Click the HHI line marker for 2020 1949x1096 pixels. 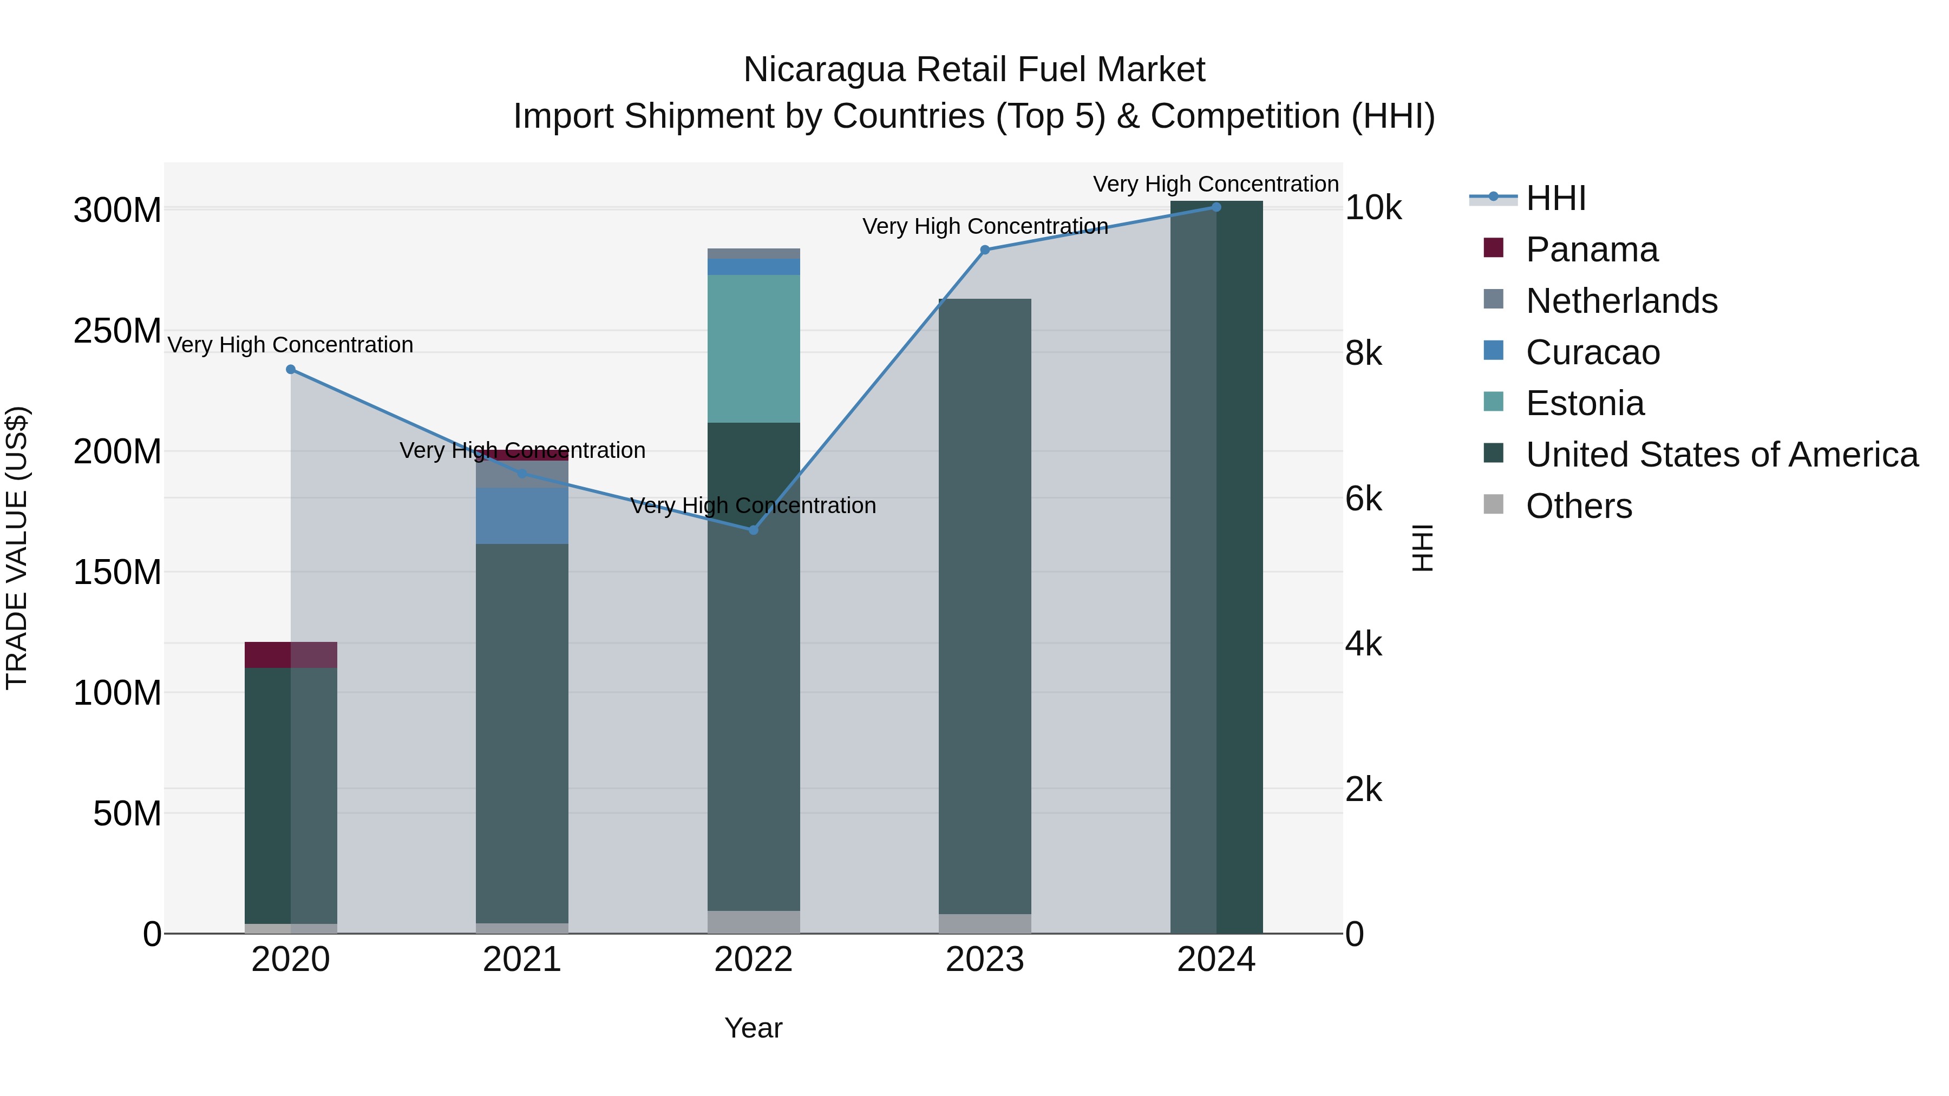pyautogui.click(x=291, y=369)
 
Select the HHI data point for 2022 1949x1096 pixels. pyautogui.click(x=753, y=530)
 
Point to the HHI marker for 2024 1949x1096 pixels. pyautogui.click(x=1216, y=207)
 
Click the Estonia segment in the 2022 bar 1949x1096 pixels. pyautogui.click(x=753, y=348)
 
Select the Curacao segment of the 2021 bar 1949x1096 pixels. pyautogui.click(x=521, y=515)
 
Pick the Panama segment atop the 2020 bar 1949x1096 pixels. pyautogui.click(x=291, y=654)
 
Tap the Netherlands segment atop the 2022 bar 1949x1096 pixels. pyautogui.click(x=753, y=253)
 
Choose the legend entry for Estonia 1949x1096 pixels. pyautogui.click(x=1585, y=403)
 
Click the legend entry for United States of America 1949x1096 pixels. pyautogui.click(x=1721, y=455)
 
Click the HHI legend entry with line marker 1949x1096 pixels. pyautogui.click(x=1555, y=198)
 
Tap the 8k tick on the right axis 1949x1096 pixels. pyautogui.click(x=1363, y=353)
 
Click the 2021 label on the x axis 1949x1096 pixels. pyautogui.click(x=521, y=960)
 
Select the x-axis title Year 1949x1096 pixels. pyautogui.click(x=753, y=1028)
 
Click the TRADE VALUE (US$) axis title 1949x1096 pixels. pyautogui.click(x=17, y=548)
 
